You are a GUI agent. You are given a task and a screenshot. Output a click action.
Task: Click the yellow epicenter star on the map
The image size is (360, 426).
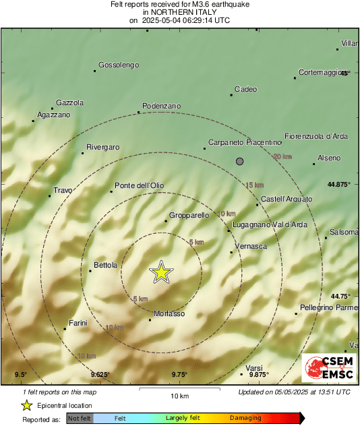[x=161, y=272]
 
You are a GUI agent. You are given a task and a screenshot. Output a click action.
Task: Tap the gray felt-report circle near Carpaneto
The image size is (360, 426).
[x=239, y=160]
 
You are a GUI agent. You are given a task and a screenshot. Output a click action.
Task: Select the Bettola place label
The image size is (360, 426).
[x=106, y=265]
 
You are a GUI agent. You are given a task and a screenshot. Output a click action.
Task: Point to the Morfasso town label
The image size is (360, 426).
[x=169, y=313]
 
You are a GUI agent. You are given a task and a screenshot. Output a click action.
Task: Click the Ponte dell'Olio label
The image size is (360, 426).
[x=140, y=185]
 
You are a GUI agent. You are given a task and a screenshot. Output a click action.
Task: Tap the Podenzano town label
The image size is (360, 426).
[x=162, y=106]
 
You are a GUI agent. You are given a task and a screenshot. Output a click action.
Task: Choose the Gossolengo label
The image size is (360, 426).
[x=119, y=65]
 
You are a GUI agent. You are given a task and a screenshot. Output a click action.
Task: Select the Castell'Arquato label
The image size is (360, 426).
[x=287, y=199]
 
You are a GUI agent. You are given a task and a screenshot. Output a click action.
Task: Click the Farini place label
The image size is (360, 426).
[x=78, y=323]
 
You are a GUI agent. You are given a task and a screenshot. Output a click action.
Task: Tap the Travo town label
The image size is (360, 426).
[x=62, y=190]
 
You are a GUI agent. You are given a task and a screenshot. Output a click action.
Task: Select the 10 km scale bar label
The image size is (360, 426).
[x=179, y=396]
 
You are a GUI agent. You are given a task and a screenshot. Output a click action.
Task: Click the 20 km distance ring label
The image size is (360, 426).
[x=282, y=156]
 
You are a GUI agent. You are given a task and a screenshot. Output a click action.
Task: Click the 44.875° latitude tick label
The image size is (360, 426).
[x=338, y=184]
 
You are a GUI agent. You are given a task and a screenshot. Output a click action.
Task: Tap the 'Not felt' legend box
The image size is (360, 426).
[x=80, y=418]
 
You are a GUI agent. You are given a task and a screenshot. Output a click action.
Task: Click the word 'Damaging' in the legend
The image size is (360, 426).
[x=245, y=418]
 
